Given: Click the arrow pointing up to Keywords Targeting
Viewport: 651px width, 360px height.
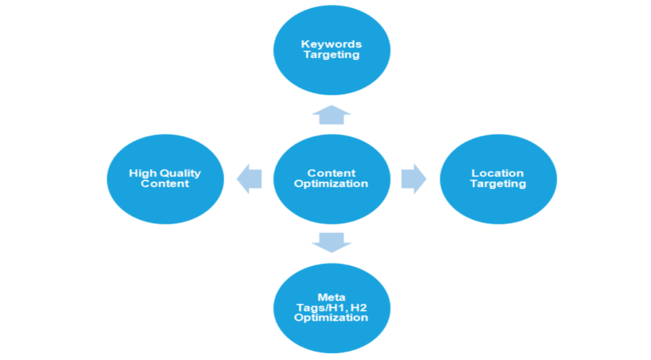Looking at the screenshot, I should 331,114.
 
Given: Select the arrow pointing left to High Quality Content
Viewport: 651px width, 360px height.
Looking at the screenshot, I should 249,179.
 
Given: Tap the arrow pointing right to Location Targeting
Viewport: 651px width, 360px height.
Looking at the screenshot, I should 413,179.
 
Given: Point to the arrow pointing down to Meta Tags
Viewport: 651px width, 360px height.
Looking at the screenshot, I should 331,242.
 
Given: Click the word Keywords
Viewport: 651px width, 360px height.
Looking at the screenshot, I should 331,44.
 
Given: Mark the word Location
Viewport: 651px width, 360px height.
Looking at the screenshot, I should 498,173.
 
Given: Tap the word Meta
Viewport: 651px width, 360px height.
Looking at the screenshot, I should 331,297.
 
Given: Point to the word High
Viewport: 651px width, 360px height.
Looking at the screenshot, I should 143,173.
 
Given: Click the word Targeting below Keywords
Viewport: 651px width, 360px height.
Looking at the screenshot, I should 331,55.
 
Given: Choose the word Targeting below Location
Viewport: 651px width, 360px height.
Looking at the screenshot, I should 498,184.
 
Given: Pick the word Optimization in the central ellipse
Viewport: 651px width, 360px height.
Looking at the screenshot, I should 331,184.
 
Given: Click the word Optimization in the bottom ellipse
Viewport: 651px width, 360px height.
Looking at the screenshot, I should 331,317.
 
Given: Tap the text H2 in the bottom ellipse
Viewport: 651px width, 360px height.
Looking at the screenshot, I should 358,307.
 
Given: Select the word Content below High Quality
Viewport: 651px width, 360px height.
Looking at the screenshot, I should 165,184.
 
